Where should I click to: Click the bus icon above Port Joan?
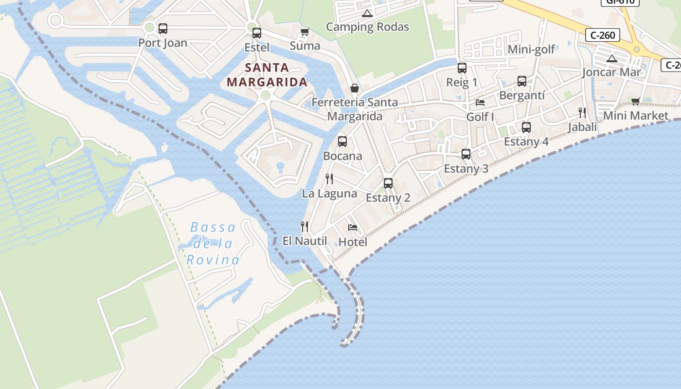[x=163, y=29]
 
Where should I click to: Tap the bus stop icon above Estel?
[x=257, y=33]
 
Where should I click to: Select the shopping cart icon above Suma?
[x=305, y=32]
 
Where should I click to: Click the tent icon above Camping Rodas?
[x=367, y=13]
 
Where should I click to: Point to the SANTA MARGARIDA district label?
[x=267, y=75]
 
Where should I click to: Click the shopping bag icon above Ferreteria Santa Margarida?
[x=355, y=88]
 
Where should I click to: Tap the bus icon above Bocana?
[x=342, y=141]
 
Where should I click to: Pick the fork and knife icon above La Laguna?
[x=329, y=179]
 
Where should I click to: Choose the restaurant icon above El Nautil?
[x=305, y=226]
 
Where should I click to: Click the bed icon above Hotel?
[x=353, y=228]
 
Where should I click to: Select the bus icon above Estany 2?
[x=388, y=183]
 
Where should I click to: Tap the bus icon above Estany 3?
[x=466, y=154]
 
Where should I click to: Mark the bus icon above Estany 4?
[x=526, y=127]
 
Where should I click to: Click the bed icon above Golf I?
[x=480, y=103]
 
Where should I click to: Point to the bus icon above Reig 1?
[x=462, y=68]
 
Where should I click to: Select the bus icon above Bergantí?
[x=522, y=81]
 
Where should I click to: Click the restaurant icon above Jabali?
[x=582, y=113]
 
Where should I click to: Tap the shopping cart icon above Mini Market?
[x=635, y=101]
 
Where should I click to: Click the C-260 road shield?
[x=603, y=35]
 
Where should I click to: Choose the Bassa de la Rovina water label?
[x=213, y=243]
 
